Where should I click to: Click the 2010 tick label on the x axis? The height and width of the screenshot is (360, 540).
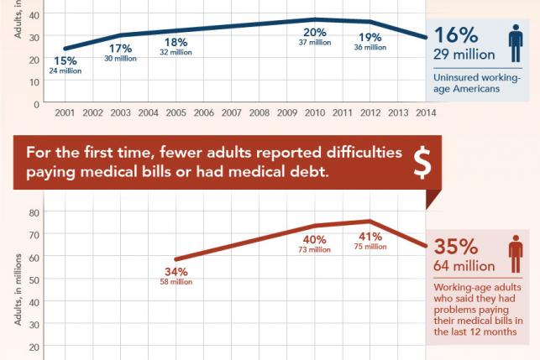click(314, 112)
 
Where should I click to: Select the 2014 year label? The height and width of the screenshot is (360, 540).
click(426, 112)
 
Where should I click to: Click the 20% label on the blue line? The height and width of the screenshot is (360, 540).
click(314, 33)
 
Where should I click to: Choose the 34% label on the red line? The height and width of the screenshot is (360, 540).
click(176, 271)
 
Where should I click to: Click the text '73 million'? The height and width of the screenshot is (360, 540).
click(313, 249)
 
